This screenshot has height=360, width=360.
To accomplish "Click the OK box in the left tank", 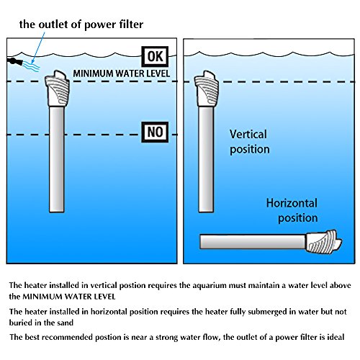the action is (155, 57).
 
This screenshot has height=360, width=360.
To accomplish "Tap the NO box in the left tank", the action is (155, 132).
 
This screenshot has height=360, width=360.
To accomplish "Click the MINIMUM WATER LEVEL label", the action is (122, 73).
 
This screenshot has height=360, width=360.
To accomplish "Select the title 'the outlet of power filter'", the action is (81, 24).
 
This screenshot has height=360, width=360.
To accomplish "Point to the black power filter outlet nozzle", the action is (15, 61).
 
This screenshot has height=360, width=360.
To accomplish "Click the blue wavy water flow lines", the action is (31, 66).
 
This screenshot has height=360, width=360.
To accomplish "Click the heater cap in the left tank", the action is (57, 89).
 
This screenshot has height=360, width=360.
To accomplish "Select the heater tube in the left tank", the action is (57, 159).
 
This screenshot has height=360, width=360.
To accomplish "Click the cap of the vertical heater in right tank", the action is (207, 89).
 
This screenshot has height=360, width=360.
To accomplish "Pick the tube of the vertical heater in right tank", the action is (206, 160).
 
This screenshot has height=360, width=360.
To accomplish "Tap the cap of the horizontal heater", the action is (323, 241).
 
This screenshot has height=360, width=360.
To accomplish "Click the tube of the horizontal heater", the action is (253, 242).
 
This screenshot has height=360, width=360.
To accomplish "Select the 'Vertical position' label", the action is (250, 142).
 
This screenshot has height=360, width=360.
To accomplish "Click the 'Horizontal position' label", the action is (292, 210).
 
